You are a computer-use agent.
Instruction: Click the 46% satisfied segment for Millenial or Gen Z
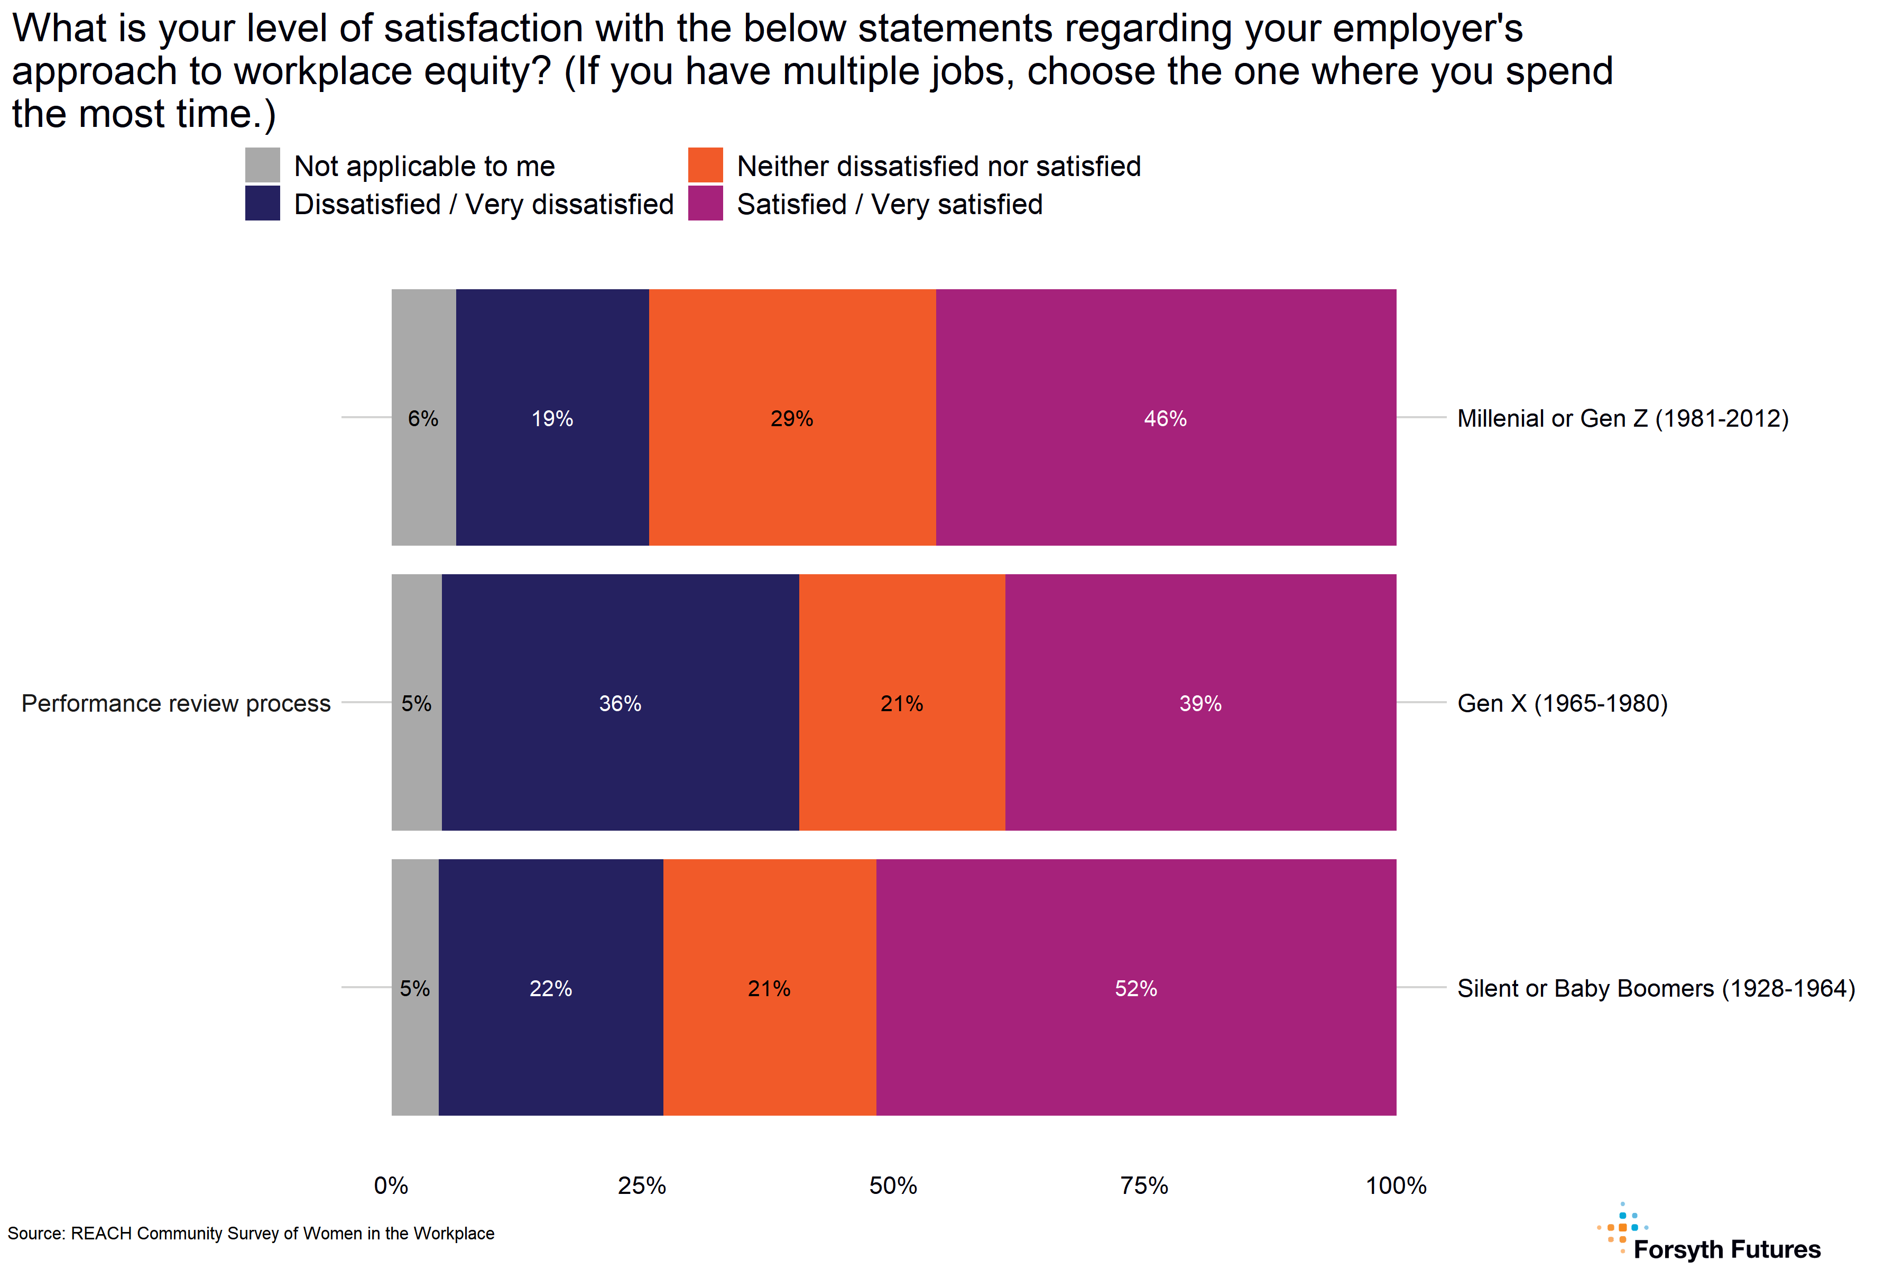click(1165, 418)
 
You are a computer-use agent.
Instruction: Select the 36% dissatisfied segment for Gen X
click(620, 703)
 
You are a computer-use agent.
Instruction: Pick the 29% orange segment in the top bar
click(791, 418)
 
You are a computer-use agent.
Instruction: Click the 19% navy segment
click(552, 418)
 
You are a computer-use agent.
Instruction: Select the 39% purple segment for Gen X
click(1200, 703)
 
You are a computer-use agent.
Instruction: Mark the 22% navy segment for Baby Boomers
click(550, 987)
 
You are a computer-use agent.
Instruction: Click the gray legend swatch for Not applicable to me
click(262, 165)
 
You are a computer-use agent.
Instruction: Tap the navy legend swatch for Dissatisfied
click(262, 203)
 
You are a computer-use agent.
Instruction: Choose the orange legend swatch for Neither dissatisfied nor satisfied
click(705, 165)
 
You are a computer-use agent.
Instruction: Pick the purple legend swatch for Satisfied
click(705, 203)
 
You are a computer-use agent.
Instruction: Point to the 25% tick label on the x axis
click(642, 1185)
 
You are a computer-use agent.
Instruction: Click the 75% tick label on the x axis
click(1144, 1185)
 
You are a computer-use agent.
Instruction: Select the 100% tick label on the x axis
click(1396, 1185)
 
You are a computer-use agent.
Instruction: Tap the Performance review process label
click(175, 703)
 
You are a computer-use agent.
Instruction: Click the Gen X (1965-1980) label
click(1562, 703)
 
